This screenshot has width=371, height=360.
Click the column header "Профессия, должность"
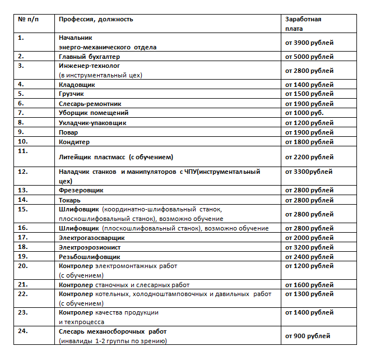tap(96, 20)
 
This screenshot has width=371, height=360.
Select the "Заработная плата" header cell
tap(303, 24)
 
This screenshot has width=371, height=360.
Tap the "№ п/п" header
tap(28, 20)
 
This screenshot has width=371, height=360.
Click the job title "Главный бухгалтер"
tap(89, 57)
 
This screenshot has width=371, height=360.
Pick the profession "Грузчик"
tap(73, 94)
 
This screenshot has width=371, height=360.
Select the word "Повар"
tap(69, 132)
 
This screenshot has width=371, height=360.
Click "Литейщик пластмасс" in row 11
tap(92, 157)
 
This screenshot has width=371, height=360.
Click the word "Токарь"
tap(70, 200)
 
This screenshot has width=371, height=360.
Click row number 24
tap(23, 331)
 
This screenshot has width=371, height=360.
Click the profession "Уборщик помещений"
tap(90, 113)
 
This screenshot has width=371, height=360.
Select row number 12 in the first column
tap(23, 172)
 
